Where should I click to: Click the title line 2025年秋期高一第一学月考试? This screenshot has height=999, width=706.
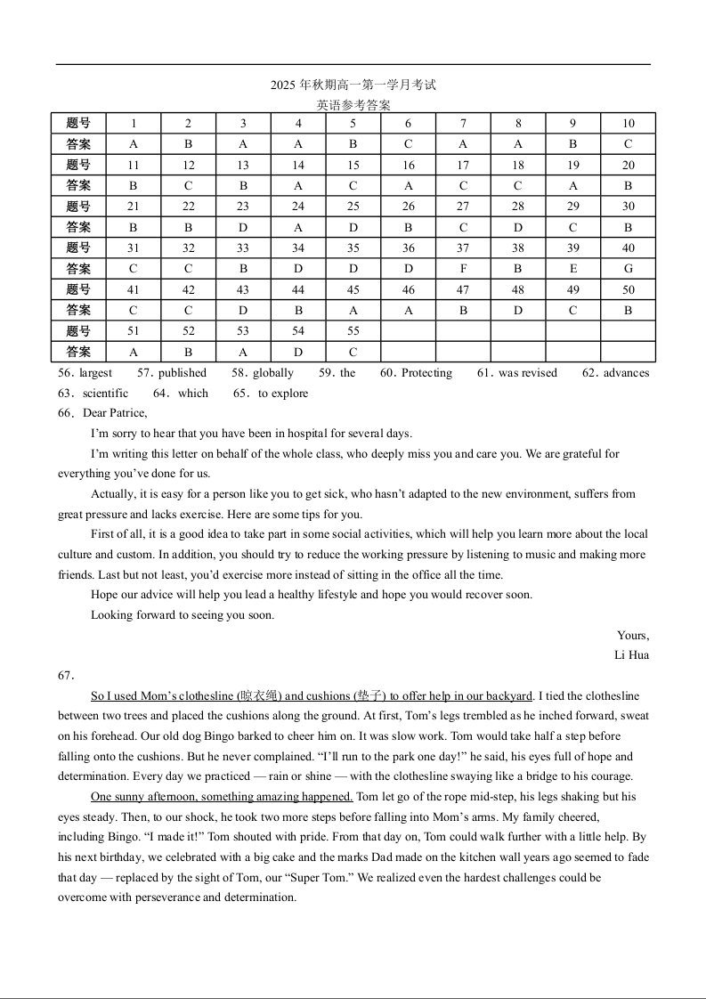[353, 85]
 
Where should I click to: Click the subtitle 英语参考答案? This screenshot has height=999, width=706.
[353, 105]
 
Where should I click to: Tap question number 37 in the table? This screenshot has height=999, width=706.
[463, 248]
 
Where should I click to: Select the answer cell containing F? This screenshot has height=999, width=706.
[463, 269]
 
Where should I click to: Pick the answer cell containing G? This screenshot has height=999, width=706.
[628, 269]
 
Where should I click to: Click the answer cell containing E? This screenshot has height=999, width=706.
[572, 269]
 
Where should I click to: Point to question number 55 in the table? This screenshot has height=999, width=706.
[353, 331]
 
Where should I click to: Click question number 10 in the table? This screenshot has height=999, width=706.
[628, 124]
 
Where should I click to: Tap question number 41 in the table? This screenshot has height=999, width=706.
[134, 290]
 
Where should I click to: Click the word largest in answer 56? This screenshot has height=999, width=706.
[96, 373]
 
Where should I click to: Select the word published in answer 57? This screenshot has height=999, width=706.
[183, 373]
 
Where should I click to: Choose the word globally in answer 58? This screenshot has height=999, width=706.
[273, 373]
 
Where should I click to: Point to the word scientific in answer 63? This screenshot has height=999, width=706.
[105, 394]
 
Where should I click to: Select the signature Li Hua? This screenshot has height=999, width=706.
[631, 655]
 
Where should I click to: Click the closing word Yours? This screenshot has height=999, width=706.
[633, 636]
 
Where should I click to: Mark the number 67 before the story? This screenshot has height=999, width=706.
[66, 676]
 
